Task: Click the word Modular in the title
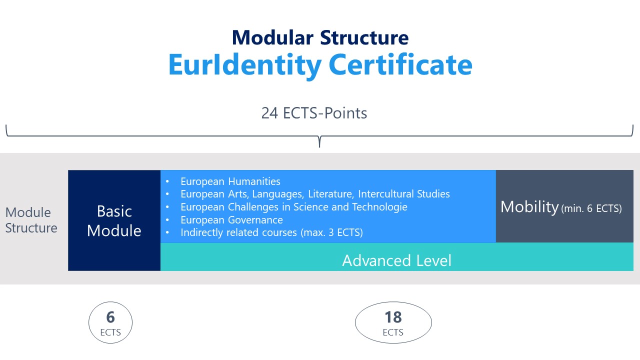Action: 273,37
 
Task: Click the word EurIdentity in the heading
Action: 245,65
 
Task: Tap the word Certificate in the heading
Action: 400,65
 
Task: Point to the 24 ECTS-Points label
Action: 314,113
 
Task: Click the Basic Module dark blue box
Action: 114,220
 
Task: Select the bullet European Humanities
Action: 230,181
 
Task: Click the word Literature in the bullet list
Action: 331,194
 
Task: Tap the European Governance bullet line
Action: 231,220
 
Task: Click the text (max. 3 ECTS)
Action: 331,232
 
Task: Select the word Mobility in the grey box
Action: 529,207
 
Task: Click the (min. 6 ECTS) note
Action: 591,208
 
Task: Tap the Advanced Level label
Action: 397,260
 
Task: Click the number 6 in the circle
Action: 110,317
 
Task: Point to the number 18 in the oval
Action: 393,317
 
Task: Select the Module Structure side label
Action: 31,220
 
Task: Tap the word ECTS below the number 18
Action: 393,332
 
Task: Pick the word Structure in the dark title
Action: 364,37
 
